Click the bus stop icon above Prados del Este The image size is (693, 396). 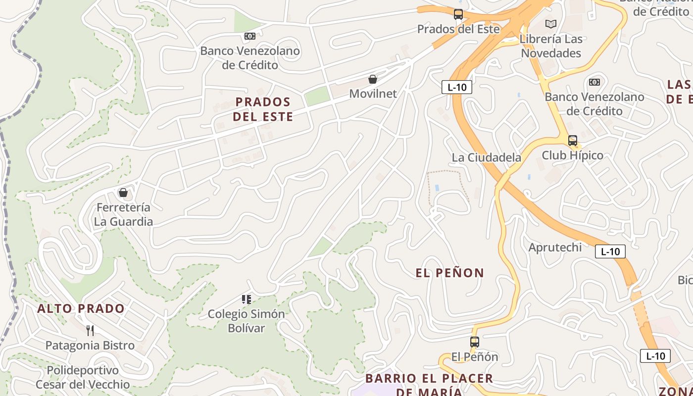click(458, 14)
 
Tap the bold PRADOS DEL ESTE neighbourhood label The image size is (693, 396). click(263, 109)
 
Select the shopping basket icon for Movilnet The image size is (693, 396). click(373, 79)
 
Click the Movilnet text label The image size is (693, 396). click(373, 94)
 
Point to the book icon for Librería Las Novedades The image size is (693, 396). click(551, 24)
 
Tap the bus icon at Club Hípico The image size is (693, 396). click(573, 141)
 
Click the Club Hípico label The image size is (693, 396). click(572, 155)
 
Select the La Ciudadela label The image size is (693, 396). click(486, 157)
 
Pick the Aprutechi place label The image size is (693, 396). click(555, 247)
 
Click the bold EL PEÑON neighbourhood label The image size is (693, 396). click(449, 273)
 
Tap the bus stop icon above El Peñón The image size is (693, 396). click(475, 342)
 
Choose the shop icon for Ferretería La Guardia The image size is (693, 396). click(123, 193)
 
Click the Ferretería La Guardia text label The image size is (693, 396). click(123, 214)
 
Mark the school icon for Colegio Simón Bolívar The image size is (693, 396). click(247, 299)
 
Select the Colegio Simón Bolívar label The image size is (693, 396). click(247, 321)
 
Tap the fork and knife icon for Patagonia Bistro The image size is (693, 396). click(90, 330)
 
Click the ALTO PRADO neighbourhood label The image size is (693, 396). click(81, 309)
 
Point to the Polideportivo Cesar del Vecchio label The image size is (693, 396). click(83, 377)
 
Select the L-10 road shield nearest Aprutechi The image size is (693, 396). click(610, 251)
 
